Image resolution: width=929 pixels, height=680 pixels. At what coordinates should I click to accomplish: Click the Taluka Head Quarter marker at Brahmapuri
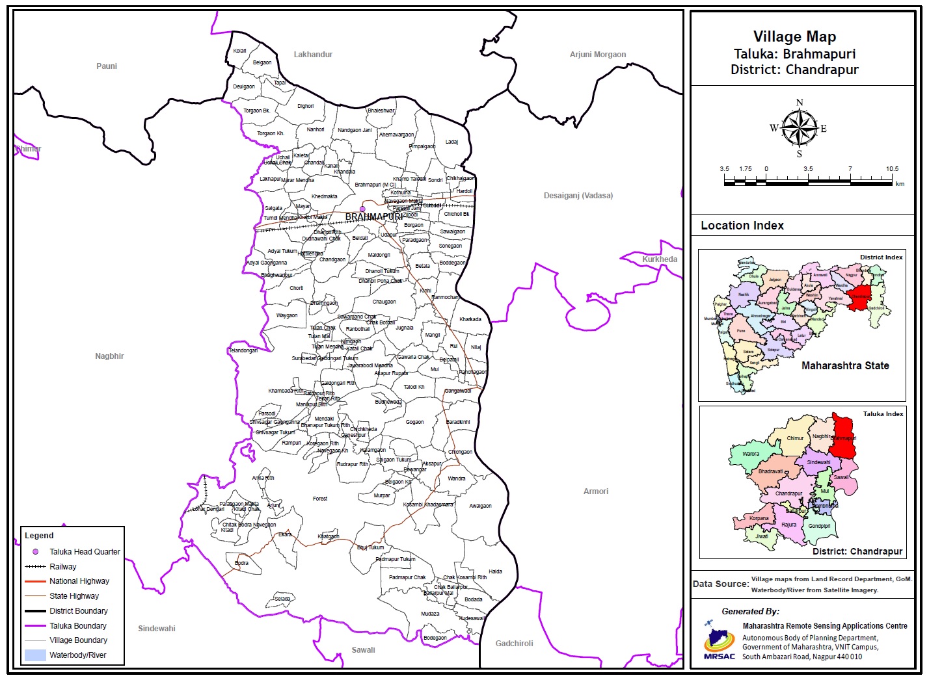click(x=363, y=209)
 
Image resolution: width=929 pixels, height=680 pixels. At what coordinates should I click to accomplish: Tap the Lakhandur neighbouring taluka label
click(x=313, y=55)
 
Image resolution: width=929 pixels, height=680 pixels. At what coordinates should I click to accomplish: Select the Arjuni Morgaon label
click(x=598, y=55)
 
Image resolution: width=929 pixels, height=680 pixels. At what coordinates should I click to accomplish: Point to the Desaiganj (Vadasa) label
click(x=578, y=196)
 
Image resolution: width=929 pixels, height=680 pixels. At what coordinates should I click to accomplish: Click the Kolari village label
click(x=240, y=51)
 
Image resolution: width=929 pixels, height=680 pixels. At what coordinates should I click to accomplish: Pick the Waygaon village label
click(x=287, y=316)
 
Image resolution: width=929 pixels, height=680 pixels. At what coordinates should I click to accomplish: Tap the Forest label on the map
click(x=320, y=499)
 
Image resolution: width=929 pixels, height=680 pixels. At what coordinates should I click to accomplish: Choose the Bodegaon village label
click(x=435, y=638)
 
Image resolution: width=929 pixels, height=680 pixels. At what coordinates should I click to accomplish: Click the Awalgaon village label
click(x=481, y=506)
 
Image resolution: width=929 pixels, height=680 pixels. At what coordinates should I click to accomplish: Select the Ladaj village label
click(x=451, y=142)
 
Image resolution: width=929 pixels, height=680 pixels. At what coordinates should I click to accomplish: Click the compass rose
click(x=799, y=128)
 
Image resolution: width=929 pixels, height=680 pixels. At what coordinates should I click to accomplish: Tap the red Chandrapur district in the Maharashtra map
click(x=861, y=296)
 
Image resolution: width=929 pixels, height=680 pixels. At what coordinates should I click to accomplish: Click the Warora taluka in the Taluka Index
click(x=751, y=454)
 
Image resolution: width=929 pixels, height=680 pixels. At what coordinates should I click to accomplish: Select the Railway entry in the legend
click(x=63, y=567)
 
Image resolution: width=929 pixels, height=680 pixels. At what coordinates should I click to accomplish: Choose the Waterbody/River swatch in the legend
click(x=35, y=655)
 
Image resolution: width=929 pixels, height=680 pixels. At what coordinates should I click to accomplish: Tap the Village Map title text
click(x=794, y=37)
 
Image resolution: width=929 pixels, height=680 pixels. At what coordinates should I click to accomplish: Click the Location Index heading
click(x=742, y=226)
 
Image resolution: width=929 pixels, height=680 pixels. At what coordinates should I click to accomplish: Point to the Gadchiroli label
click(x=514, y=644)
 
